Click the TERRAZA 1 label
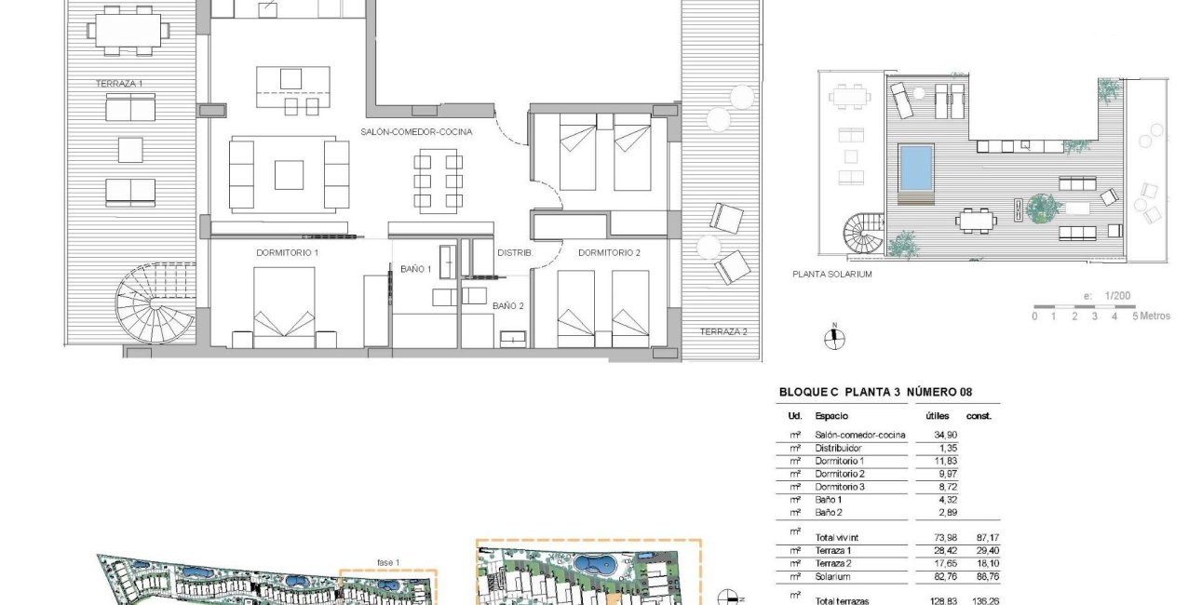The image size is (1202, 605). pos(119,84)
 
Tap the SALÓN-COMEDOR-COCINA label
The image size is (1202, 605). pos(416,132)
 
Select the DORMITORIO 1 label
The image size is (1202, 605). pos(288,252)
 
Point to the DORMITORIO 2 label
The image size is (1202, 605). pos(609,252)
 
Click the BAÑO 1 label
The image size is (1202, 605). pos(415,269)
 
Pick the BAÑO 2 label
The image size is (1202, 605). pos(508,305)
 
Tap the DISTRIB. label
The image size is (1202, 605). pos(514,252)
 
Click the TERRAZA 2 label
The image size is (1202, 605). pos(723,331)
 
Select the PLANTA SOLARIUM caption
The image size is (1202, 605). pos(831,275)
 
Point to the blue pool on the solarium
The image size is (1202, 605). pos(915,167)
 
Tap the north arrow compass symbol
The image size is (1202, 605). pos(835,339)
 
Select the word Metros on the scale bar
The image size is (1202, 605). pos(1155,316)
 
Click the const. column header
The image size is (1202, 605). pos(979,416)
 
